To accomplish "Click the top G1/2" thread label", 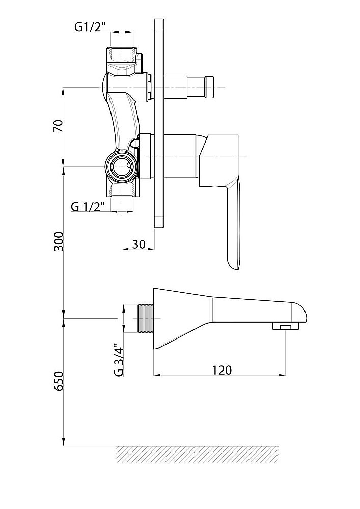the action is click(91, 27).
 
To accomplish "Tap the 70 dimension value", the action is click(58, 126).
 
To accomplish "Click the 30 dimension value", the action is click(139, 244).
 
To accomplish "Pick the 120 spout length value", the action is click(222, 370).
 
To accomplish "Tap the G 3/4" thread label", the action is click(119, 359).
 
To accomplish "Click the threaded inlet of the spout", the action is click(146, 319).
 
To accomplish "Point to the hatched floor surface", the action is click(198, 454).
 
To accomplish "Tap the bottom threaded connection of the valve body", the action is click(122, 189).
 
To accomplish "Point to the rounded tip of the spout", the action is click(300, 312).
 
